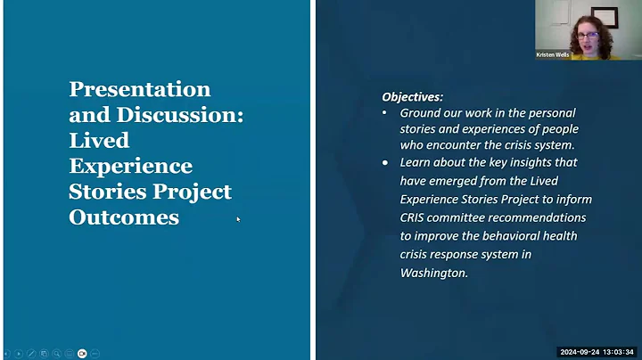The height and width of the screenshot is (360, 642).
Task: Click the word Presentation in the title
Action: point(140,89)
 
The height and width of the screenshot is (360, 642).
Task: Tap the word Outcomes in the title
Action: point(124,217)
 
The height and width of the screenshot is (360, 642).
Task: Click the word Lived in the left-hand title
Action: point(99,141)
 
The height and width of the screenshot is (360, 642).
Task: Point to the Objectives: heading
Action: point(412,96)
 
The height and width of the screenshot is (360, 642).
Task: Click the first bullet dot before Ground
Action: point(384,113)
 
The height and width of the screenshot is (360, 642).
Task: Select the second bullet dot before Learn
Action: point(384,163)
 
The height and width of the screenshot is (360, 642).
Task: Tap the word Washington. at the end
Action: point(433,273)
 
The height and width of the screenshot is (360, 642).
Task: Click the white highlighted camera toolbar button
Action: point(82,353)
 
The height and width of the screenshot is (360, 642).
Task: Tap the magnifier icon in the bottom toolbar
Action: point(56,353)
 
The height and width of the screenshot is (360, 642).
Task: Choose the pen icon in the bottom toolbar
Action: point(31,353)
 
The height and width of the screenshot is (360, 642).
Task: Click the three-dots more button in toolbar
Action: point(95,353)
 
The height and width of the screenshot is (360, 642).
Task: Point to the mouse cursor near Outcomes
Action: point(238,218)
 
